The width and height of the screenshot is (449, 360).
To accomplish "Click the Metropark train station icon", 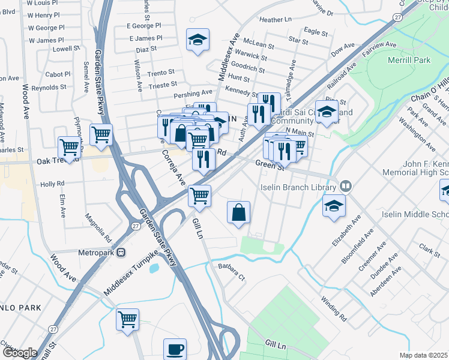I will [121, 253].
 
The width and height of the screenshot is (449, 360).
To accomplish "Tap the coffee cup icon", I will [175, 349].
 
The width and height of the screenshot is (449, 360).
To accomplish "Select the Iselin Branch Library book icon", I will [346, 187].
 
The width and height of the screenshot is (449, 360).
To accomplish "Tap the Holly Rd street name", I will [52, 184].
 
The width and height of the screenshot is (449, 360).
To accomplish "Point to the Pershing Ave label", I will [193, 94].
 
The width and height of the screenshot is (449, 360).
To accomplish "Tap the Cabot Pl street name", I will [58, 74].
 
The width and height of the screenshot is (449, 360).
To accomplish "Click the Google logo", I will [20, 353].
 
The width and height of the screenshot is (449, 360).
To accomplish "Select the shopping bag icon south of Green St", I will [239, 212].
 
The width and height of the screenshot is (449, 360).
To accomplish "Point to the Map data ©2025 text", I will [424, 355].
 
